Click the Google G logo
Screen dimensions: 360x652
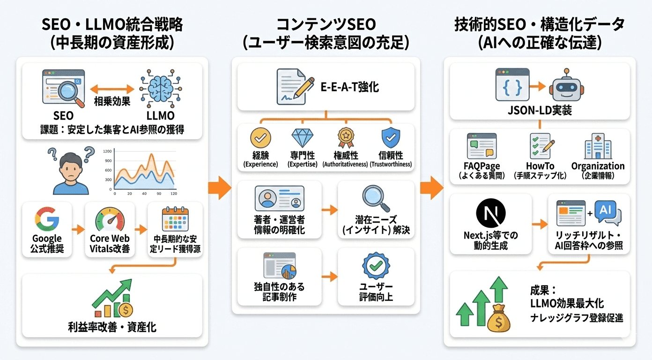tap(46, 219)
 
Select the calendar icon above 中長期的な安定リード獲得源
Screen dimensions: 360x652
tap(174, 219)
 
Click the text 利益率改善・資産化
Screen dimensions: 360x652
tap(112, 327)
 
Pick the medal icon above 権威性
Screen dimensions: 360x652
tap(346, 138)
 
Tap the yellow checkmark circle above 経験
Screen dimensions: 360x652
tap(260, 138)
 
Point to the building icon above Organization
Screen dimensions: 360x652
tap(598, 146)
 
